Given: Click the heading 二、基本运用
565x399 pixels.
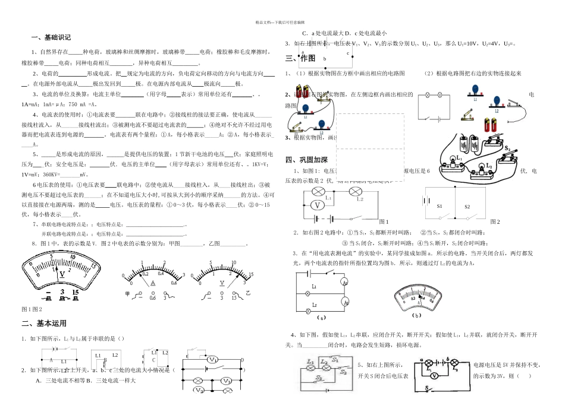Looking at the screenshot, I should pyautogui.click(x=44, y=323).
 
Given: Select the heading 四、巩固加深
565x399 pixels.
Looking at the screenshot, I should pyautogui.click(x=307, y=159).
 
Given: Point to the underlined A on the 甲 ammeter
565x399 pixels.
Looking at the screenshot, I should pyautogui.click(x=152, y=284).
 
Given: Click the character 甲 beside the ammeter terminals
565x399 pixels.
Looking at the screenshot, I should pyautogui.click(x=127, y=294).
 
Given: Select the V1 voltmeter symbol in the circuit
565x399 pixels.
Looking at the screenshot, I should pyautogui.click(x=214, y=360).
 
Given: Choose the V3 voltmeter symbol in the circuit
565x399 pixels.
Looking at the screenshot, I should pyautogui.click(x=226, y=381).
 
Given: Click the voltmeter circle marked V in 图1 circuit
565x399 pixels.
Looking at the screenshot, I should pyautogui.click(x=318, y=205).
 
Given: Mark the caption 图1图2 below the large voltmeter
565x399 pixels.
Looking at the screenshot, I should pyautogui.click(x=32, y=309).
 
